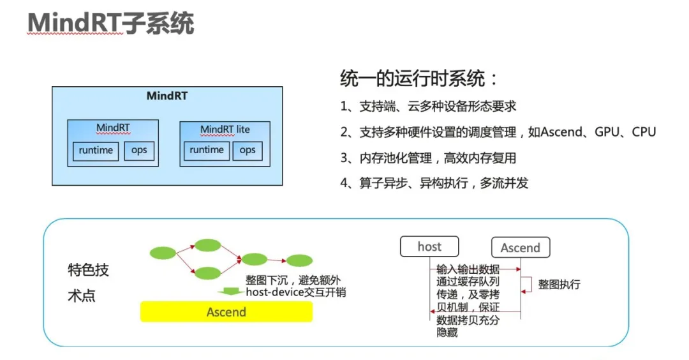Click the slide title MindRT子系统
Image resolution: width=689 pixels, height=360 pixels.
click(110, 23)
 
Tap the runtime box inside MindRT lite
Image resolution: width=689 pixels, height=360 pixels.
click(207, 151)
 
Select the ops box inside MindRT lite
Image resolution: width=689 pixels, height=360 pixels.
click(248, 151)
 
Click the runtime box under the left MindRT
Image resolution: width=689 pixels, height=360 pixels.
click(96, 151)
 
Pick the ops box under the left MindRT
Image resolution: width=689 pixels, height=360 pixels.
click(139, 151)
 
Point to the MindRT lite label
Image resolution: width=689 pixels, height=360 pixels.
click(225, 130)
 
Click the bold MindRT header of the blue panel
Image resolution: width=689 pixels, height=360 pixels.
click(167, 96)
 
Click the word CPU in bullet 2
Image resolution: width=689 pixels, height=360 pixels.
click(644, 132)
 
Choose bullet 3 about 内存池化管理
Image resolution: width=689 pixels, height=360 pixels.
click(428, 158)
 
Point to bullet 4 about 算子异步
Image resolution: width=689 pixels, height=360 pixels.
click(434, 183)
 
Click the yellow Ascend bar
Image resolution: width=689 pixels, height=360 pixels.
click(226, 311)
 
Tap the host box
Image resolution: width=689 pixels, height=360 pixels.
click(429, 246)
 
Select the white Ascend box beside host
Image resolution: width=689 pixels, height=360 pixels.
click(521, 248)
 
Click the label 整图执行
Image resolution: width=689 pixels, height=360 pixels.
click(559, 285)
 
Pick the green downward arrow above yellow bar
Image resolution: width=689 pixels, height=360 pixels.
click(230, 292)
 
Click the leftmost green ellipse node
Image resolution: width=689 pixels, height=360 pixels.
click(163, 253)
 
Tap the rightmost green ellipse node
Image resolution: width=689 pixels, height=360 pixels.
click(300, 260)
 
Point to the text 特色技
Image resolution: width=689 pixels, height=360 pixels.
click(88, 270)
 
